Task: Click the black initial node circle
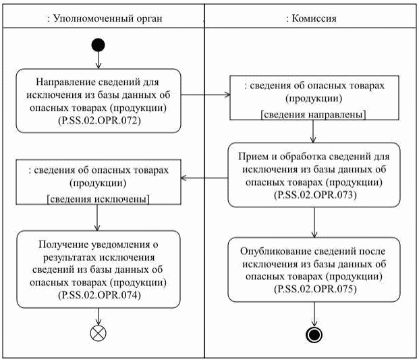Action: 99,45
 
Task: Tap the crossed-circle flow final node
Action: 99,332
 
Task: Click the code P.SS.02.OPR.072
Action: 99,122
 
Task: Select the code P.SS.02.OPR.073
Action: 314,195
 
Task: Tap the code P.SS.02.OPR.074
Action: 99,294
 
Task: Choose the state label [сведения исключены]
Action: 99,199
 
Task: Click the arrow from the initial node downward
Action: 99,60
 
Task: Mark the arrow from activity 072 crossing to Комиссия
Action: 205,95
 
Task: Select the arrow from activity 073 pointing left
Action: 206,178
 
